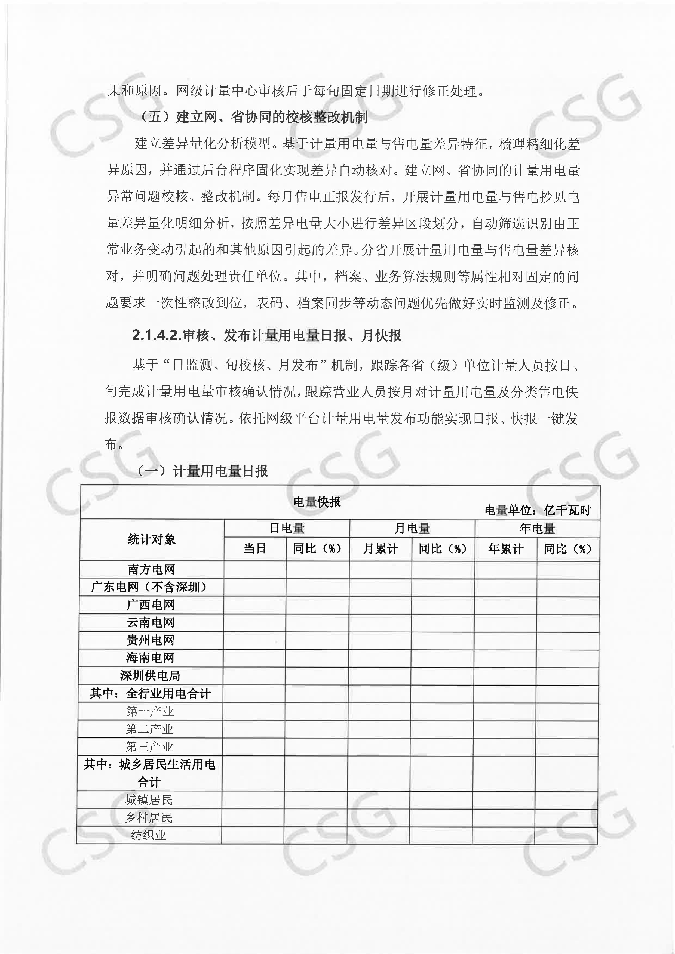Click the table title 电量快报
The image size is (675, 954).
click(x=317, y=502)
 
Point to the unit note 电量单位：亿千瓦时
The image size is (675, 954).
click(x=538, y=510)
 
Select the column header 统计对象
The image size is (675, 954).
click(x=152, y=539)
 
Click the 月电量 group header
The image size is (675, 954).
click(x=412, y=529)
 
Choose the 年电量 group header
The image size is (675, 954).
click(x=537, y=529)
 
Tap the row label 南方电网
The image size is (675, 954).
click(x=151, y=569)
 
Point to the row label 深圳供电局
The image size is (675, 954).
click(x=150, y=676)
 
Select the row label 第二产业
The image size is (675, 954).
click(x=150, y=729)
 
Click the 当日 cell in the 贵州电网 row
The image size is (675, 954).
click(x=254, y=640)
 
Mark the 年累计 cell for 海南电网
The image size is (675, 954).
click(x=505, y=658)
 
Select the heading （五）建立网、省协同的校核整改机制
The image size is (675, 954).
click(x=254, y=117)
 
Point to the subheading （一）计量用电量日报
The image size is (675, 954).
click(x=203, y=471)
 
